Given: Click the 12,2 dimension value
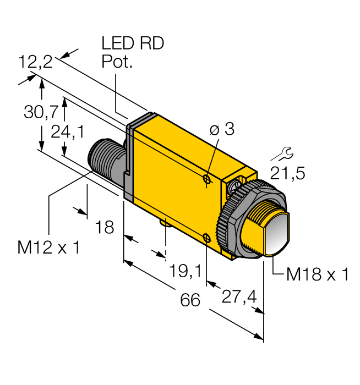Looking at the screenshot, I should [x=35, y=62].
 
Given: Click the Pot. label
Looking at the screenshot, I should [x=117, y=62].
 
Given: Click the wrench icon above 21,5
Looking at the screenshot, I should [x=285, y=152].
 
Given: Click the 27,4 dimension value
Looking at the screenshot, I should [x=238, y=297].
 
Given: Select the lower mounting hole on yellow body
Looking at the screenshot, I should [x=206, y=238].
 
